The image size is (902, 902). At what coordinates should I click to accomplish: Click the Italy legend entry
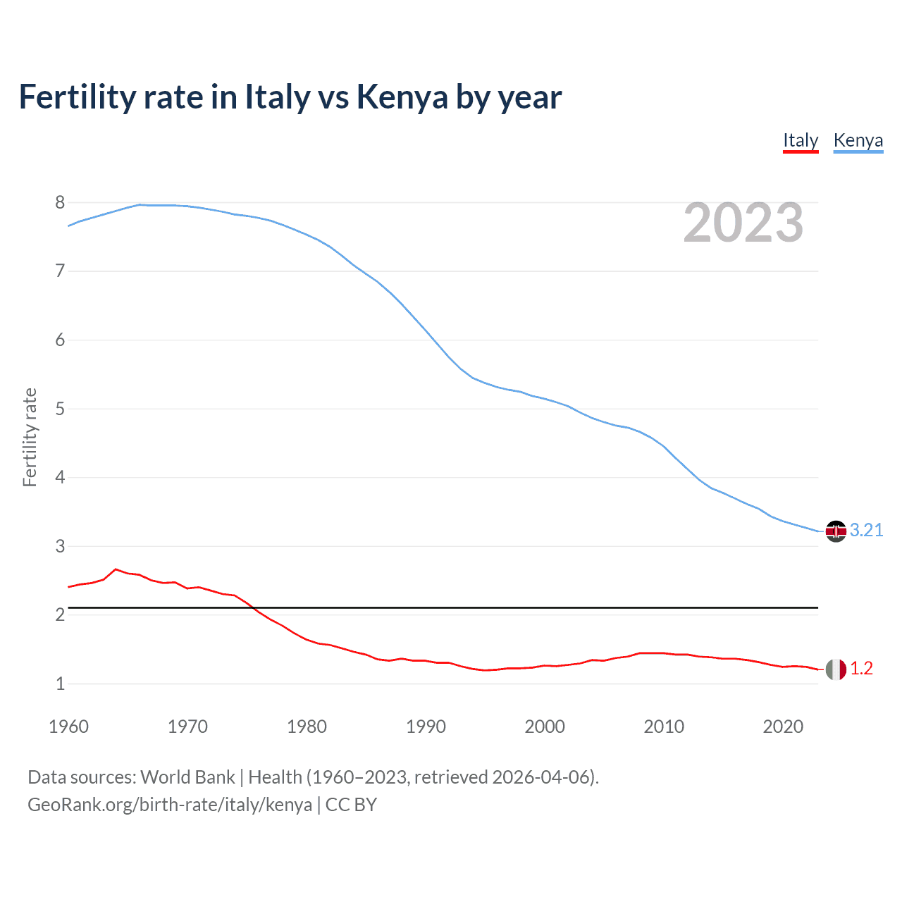pos(801,140)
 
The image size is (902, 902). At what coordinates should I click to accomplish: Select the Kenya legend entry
pos(858,140)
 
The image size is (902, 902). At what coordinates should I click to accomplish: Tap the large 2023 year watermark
pos(743,223)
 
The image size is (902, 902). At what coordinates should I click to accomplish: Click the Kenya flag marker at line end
pos(836,531)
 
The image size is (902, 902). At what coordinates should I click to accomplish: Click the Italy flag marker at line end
pos(836,669)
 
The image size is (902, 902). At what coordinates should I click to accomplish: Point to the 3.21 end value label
pos(866,530)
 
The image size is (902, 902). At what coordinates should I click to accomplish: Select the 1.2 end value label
pos(861,668)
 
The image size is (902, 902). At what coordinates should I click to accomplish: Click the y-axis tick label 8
pos(60,203)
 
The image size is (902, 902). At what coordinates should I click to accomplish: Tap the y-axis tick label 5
pos(60,409)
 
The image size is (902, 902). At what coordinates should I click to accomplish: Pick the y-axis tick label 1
pos(60,684)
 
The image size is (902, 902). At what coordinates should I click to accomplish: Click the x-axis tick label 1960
pos(68,727)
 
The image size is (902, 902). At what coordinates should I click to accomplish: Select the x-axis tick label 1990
pos(426,727)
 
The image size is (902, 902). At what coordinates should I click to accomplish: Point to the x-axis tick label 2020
pos(783,727)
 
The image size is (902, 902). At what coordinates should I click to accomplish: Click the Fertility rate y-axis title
pos(30,437)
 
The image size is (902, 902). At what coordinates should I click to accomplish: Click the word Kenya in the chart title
pos(402,97)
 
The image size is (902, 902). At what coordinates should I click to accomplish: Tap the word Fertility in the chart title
pos(76,97)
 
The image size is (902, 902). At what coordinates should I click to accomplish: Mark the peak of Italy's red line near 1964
pos(116,569)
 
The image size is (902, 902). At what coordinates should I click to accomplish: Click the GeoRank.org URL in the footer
pos(169,804)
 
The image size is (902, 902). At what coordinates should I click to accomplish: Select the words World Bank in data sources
pos(187,777)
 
